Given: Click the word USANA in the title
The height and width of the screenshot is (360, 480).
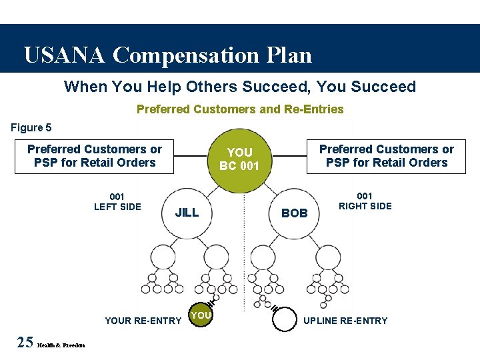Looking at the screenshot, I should [63, 55].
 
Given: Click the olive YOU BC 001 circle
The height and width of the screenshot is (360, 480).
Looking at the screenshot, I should [240, 159].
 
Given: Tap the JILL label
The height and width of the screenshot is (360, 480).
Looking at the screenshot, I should [187, 213].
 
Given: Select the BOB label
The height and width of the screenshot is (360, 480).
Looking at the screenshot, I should [295, 213].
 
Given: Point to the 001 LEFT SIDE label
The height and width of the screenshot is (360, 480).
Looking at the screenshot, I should [117, 201].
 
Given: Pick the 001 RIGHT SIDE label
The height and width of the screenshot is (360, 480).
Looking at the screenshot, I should [365, 201].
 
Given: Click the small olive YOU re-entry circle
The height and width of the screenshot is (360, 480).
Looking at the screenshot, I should [201, 316].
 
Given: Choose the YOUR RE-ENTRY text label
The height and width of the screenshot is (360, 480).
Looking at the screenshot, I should [143, 321].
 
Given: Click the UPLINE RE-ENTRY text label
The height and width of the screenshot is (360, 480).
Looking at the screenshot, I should [345, 321].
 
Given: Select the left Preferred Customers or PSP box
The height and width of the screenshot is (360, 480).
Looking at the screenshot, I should [94, 156].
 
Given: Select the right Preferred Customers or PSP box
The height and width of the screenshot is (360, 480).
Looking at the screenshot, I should [386, 156].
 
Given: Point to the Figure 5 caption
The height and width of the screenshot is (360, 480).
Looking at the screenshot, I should [31, 127].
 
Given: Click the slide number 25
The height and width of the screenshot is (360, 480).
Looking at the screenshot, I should [25, 343].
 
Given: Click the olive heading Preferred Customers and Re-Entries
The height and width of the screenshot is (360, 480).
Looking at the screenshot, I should [240, 109].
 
